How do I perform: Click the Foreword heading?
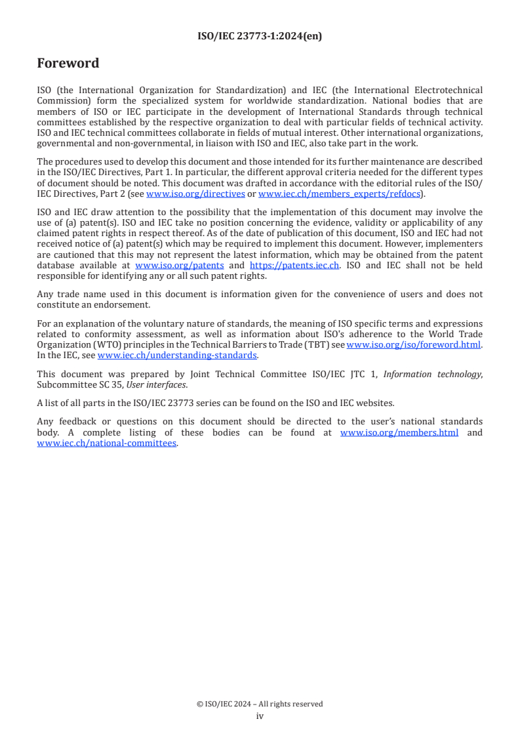(68, 64)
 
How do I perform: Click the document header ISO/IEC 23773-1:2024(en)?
(260, 37)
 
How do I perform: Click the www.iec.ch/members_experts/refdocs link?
(339, 194)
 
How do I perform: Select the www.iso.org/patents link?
(179, 266)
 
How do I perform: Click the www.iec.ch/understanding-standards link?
(177, 356)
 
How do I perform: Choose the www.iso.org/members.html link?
(399, 433)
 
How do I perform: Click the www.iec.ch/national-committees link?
(107, 443)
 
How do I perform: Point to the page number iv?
(260, 716)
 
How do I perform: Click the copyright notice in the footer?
(260, 704)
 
